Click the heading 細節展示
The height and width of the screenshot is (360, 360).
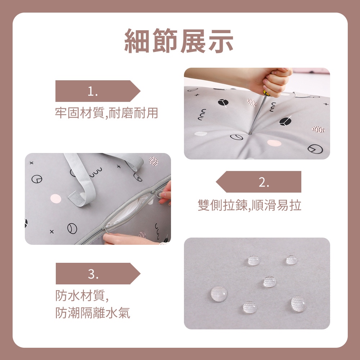(x=179, y=41)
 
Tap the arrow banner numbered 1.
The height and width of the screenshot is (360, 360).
(x=98, y=91)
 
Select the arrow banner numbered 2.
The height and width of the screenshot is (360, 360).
(x=259, y=181)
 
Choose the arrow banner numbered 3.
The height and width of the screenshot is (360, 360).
(x=98, y=274)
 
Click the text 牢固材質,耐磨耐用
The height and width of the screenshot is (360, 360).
(x=107, y=113)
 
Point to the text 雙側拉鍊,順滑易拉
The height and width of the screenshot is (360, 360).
(x=249, y=205)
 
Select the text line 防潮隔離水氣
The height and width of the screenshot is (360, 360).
(x=93, y=313)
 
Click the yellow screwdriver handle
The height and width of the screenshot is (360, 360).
(x=266, y=93)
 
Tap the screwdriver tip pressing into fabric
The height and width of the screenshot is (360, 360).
(x=250, y=133)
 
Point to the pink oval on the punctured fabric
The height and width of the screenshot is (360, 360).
(x=274, y=143)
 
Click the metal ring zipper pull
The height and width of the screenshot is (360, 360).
(x=159, y=194)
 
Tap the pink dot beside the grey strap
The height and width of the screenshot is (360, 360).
(x=56, y=199)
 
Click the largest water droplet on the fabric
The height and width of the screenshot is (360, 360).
(x=219, y=294)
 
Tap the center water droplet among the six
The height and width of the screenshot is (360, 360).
(x=270, y=282)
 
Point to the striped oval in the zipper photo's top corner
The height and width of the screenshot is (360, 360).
(x=153, y=161)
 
